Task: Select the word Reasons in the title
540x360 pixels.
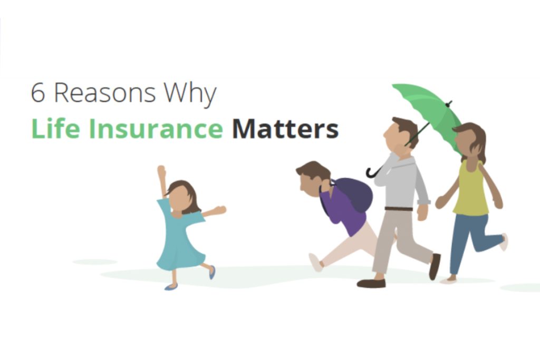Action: [104, 93]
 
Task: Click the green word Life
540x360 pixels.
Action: [54, 129]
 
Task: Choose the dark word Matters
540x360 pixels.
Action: [285, 129]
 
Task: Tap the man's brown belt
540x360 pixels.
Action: [399, 209]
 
